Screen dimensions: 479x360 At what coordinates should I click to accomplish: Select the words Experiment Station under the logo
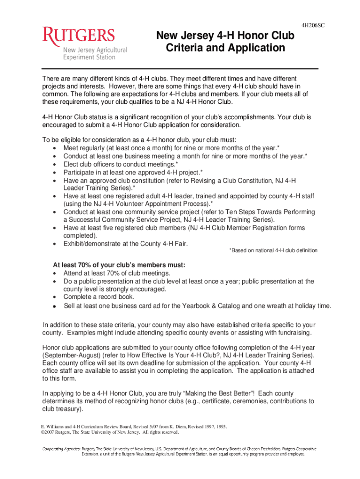tap(89, 57)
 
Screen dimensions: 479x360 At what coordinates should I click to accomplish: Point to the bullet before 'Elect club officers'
tap(55, 165)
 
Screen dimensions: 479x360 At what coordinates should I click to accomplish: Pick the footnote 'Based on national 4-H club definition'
tap(273, 251)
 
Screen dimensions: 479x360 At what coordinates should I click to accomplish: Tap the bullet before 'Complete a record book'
tap(55, 297)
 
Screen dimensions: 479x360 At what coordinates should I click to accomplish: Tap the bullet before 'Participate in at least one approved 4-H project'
tap(55, 173)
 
